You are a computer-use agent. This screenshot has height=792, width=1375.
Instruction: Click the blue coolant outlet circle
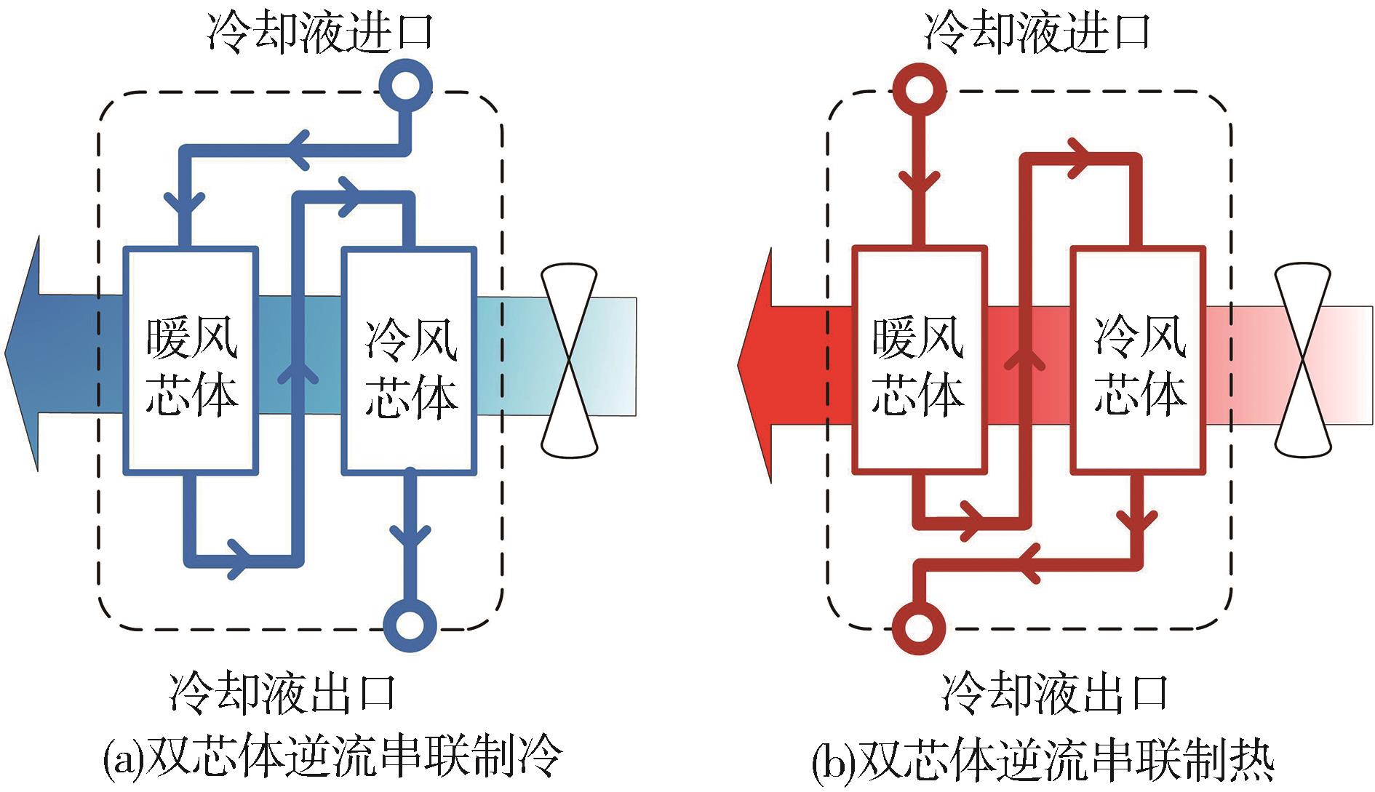(409, 625)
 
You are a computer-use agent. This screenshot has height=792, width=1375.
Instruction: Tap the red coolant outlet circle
(918, 627)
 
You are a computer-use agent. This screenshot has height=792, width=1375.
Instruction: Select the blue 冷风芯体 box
(410, 361)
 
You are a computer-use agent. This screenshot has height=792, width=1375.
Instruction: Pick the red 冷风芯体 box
(1139, 361)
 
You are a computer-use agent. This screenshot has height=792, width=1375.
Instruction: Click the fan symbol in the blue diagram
(570, 361)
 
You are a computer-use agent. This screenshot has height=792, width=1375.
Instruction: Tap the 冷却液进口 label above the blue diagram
(320, 33)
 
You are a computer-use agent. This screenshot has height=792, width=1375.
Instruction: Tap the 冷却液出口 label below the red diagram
(1055, 692)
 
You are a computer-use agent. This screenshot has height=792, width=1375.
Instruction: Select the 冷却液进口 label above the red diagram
(1037, 33)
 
